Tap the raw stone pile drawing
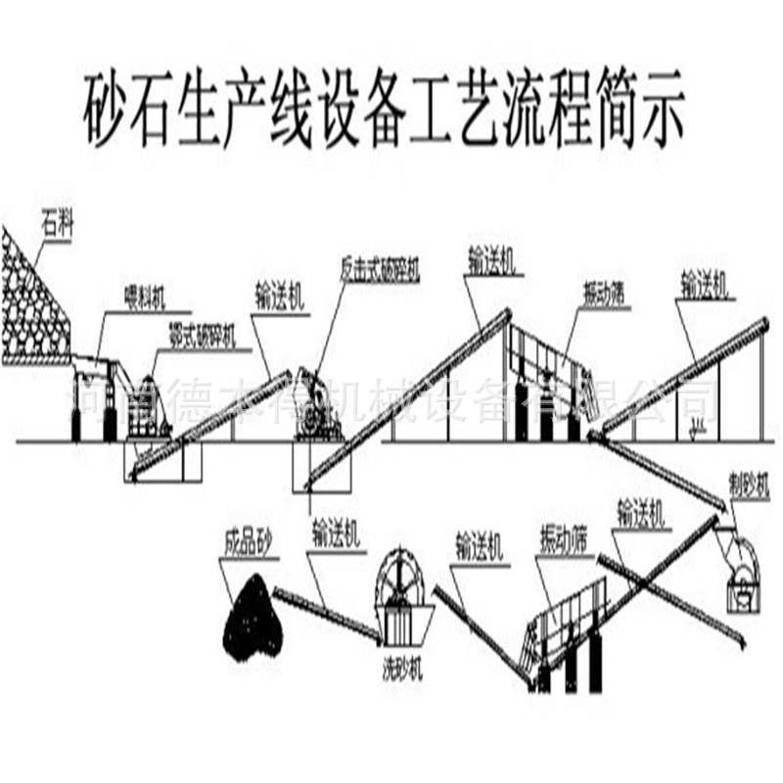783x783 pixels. pyautogui.click(x=29, y=303)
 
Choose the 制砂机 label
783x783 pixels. pyautogui.click(x=750, y=484)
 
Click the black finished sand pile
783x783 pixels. pyautogui.click(x=253, y=617)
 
